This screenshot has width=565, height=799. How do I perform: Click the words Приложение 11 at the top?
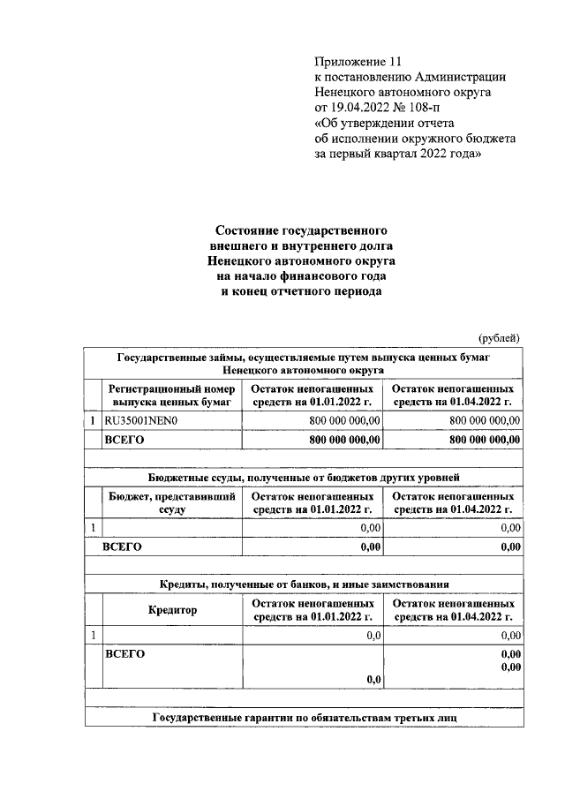click(x=358, y=62)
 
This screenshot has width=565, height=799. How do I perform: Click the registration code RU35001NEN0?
click(x=141, y=421)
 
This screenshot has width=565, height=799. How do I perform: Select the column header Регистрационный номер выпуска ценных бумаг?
click(x=170, y=396)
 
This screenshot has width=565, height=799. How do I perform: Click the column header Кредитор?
click(x=172, y=609)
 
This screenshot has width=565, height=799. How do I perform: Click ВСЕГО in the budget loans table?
click(x=123, y=546)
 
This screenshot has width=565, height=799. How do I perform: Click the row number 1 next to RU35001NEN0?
click(x=93, y=421)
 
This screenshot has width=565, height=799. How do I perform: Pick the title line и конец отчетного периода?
click(x=301, y=292)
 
